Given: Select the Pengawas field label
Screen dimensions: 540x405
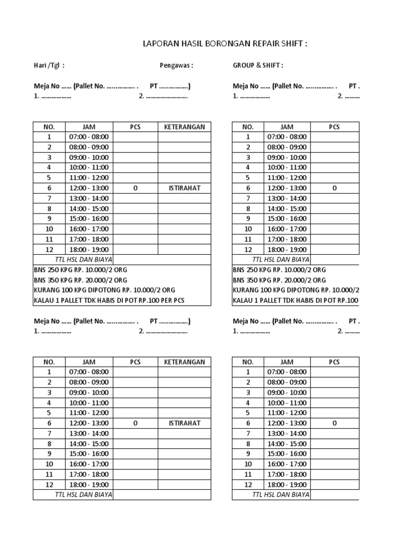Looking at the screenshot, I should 176,65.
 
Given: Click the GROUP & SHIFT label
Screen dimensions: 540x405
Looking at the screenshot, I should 258,65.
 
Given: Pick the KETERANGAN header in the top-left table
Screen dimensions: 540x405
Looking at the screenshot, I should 185,127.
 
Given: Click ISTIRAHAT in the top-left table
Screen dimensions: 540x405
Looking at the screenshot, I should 185,188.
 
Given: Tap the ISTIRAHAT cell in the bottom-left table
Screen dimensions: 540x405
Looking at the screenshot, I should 185,423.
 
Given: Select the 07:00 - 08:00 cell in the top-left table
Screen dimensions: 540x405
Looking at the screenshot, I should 89,137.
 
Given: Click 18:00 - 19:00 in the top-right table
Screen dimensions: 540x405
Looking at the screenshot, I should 287,249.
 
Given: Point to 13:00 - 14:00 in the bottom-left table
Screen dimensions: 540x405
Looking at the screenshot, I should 89,433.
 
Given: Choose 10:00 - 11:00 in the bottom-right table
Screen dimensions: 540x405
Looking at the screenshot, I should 287,403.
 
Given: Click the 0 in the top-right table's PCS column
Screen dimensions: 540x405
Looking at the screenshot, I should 334,188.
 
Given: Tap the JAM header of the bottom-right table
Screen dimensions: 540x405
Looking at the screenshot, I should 287,362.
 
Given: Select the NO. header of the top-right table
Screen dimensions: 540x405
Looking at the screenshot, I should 248,127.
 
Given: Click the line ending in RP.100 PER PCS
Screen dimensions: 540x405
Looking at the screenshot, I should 109,301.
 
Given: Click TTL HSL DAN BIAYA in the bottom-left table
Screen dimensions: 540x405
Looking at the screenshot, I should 83,495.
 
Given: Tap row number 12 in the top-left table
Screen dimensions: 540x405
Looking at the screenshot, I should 49,249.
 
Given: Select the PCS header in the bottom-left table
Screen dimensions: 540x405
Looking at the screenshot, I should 136,362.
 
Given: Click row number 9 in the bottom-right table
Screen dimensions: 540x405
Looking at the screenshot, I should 248,454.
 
